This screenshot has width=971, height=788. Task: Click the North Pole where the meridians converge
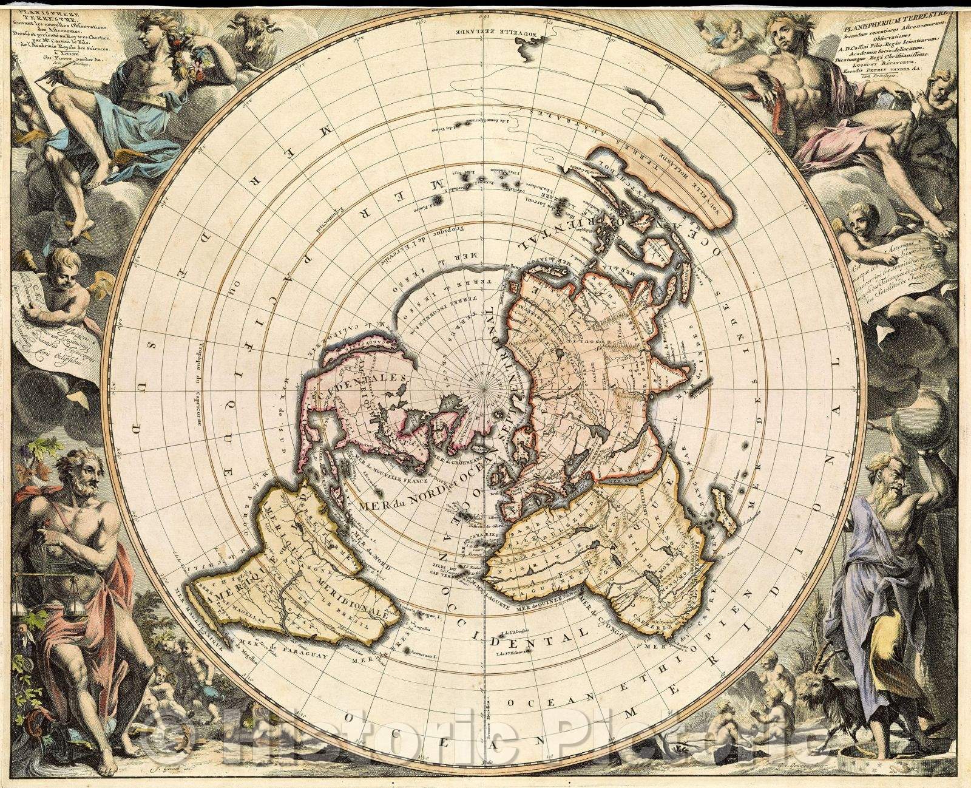pos(484,384)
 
